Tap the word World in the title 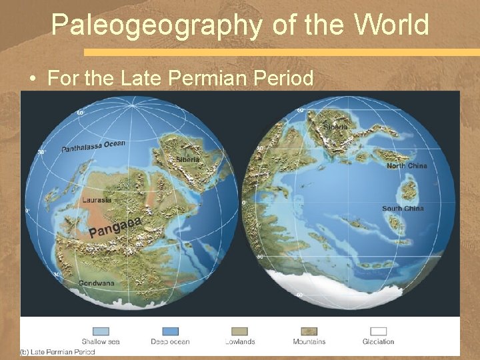[x=391, y=25]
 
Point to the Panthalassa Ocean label [x=93, y=146]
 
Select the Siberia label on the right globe [x=335, y=127]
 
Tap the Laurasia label [x=96, y=199]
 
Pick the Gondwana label [x=97, y=283]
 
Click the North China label [x=407, y=165]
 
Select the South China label [x=403, y=209]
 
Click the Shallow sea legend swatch [x=100, y=331]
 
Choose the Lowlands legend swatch [x=239, y=331]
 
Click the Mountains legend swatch [x=309, y=331]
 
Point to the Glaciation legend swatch [x=378, y=331]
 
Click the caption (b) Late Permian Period [x=57, y=351]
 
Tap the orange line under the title [x=280, y=51]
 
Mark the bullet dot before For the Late [x=32, y=79]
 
